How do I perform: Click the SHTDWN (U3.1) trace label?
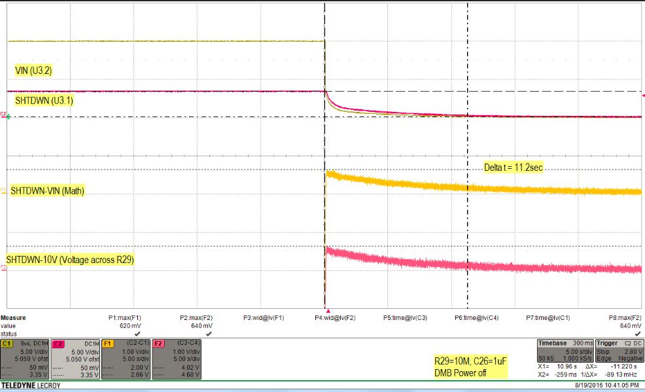click(x=43, y=102)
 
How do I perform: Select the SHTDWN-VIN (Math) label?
click(x=46, y=191)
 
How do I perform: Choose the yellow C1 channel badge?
click(x=8, y=343)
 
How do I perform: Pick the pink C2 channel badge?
click(x=58, y=343)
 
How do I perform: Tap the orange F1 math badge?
click(x=108, y=343)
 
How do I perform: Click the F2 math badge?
click(x=158, y=343)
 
